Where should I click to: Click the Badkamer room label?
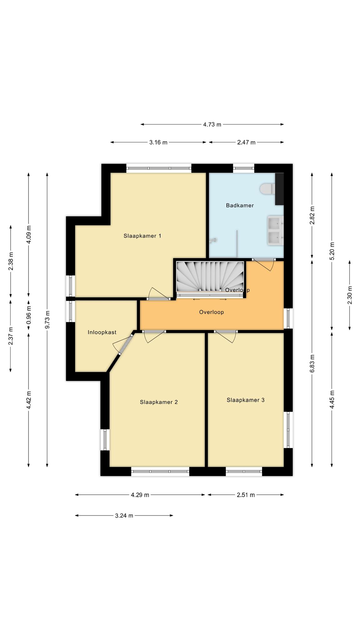coord(240,205)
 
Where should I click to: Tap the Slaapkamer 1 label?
coord(142,236)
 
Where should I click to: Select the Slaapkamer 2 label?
coord(159,402)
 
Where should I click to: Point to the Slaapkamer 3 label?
coord(246,400)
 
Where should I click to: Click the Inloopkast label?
coord(102,332)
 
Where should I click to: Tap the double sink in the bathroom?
coord(275,230)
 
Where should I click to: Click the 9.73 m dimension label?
coord(47,319)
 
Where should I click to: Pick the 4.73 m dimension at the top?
coord(212,124)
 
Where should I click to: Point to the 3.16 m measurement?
coord(158,142)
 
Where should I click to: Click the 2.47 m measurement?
coord(246,142)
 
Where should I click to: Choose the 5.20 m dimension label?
coord(332,251)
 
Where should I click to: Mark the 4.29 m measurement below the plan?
coord(140,495)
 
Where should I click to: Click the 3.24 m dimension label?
coord(124,516)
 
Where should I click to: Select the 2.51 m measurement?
coord(246,495)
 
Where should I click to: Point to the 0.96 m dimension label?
coord(29,315)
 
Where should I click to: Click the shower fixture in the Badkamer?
coord(214,240)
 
